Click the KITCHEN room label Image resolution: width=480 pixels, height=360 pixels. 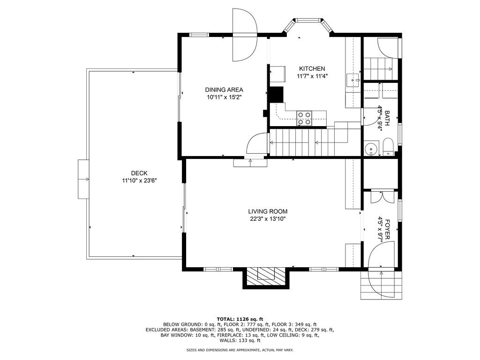(312, 68)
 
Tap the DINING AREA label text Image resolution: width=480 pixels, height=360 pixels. (224, 90)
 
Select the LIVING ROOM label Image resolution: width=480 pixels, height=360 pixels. (268, 211)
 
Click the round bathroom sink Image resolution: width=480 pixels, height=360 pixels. (371, 149)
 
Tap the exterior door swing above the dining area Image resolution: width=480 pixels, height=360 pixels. (245, 35)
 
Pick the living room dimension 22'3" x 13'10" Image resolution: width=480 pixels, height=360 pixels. (268, 218)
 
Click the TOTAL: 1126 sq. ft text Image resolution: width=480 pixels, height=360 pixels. (240, 318)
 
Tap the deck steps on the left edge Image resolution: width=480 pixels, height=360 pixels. (83, 179)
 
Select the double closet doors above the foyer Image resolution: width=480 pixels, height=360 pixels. (380, 196)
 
